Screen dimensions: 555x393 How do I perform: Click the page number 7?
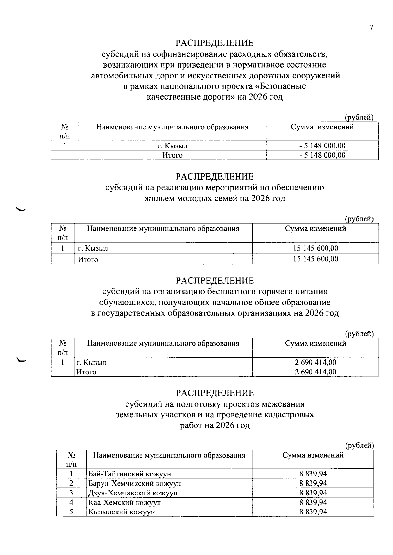click(x=371, y=28)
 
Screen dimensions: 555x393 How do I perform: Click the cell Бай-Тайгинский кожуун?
click(x=130, y=474)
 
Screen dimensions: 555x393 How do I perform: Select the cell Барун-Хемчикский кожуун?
click(x=135, y=483)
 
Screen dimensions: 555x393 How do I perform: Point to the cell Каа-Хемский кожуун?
click(x=125, y=502)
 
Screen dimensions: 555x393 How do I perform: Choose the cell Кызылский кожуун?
click(x=122, y=512)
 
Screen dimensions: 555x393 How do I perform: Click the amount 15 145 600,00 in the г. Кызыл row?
click(x=315, y=248)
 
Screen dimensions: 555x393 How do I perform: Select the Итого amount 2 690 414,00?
click(x=315, y=372)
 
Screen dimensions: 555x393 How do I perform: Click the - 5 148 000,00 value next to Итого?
click(x=322, y=155)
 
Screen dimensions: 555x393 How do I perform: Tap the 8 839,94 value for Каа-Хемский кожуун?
click(x=313, y=502)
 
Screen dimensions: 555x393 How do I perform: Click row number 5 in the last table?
click(x=71, y=512)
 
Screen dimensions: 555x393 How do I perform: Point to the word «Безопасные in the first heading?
click(x=280, y=87)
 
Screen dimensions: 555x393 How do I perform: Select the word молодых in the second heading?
click(x=196, y=199)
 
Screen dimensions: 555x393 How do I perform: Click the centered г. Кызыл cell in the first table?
click(x=172, y=146)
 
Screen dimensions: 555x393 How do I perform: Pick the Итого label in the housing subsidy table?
click(x=88, y=260)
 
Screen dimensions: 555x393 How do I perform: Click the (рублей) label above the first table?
click(x=359, y=117)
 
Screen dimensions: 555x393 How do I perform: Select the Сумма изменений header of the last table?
click(x=313, y=455)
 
